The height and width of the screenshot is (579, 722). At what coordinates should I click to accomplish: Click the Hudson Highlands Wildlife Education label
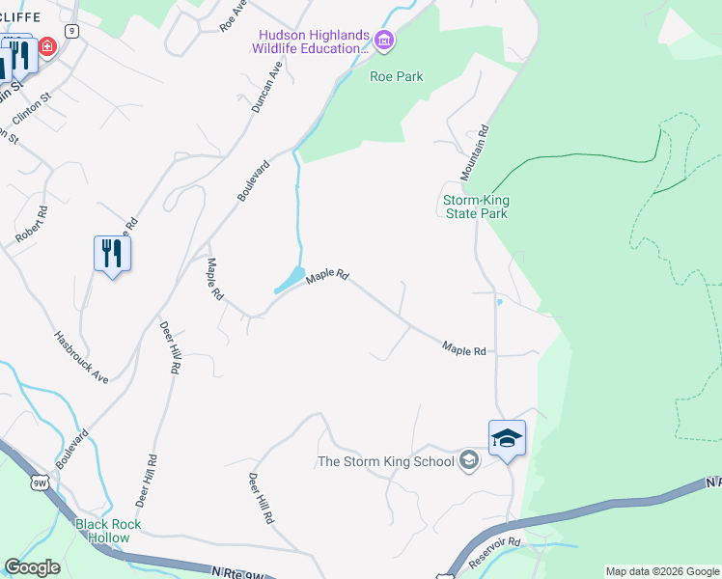pos(311,41)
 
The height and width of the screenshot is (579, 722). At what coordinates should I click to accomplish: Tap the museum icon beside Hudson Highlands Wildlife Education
pos(384,41)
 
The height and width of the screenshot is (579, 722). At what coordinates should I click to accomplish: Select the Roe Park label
pos(397,77)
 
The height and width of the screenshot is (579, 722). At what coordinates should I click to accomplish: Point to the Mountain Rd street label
pos(475,152)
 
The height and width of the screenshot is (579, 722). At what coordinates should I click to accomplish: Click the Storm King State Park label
pos(475,207)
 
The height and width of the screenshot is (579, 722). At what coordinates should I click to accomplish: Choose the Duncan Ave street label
pos(266,88)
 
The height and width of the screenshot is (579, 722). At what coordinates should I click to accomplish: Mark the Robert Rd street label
pos(31,225)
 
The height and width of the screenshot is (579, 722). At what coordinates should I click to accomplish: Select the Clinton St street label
pos(32,110)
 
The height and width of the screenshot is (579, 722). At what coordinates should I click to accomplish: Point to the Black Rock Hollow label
pos(109,531)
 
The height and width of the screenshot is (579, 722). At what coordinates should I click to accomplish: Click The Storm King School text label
pos(386,461)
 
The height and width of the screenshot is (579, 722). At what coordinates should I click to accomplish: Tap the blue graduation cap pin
pos(507,439)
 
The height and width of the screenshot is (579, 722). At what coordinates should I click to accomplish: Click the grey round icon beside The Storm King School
pos(469,459)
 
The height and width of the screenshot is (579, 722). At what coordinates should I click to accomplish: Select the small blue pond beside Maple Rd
pos(290,281)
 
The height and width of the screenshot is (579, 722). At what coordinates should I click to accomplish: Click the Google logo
pos(32,567)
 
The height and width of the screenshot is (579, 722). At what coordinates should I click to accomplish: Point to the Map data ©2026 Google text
pos(662,571)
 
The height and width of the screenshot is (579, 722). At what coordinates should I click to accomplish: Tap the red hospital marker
pos(46,46)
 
